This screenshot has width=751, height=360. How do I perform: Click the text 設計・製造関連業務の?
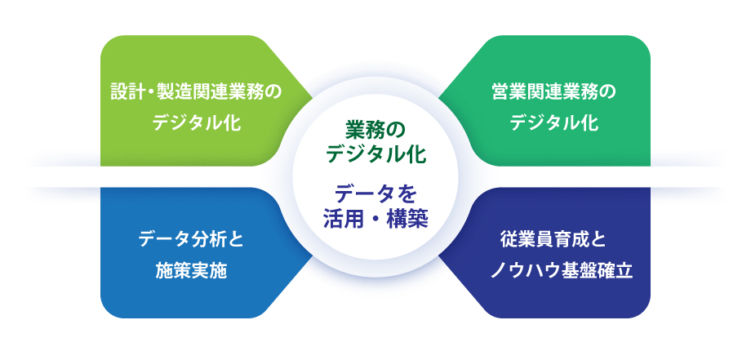[x=197, y=93]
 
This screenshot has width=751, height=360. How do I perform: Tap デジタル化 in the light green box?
[x=197, y=123]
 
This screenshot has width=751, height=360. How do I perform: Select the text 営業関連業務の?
[x=554, y=93]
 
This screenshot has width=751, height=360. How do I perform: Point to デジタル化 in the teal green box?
[x=554, y=123]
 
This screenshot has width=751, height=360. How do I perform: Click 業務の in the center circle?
[x=375, y=131]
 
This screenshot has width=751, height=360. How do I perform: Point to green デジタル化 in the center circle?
[x=375, y=154]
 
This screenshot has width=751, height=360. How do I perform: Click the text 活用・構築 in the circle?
[x=375, y=220]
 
